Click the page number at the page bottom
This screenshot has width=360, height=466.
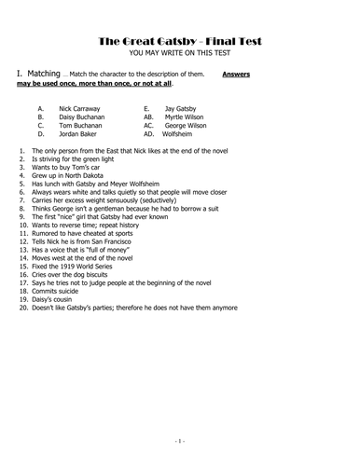coord(179,439)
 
